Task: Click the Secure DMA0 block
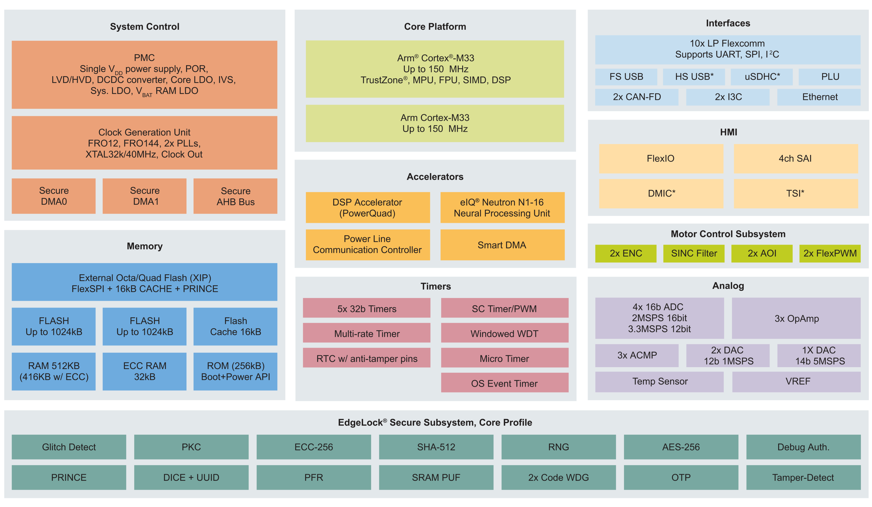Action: pos(54,196)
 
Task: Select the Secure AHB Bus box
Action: pos(235,196)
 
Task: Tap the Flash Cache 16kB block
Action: pos(235,326)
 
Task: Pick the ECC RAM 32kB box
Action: pos(144,371)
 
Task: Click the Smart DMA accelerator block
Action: pos(502,245)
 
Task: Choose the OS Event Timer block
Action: pos(505,382)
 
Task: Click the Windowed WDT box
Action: pos(505,333)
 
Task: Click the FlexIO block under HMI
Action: pos(661,159)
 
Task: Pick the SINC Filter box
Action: pos(694,253)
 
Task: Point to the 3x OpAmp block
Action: pos(796,318)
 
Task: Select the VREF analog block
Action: pos(796,382)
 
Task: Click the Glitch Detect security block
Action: pos(69,447)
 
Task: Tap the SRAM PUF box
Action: pos(436,477)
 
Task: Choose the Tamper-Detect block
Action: pos(803,477)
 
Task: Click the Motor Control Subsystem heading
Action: pos(728,234)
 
